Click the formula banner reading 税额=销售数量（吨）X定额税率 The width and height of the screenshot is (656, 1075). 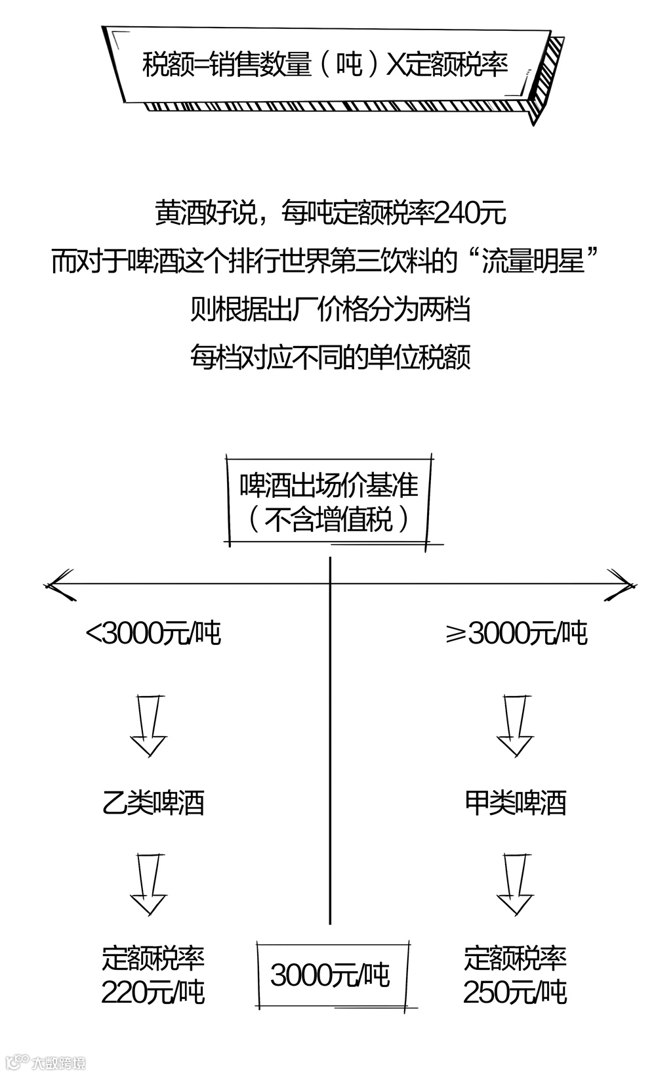(325, 66)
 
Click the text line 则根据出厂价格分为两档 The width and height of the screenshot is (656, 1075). (330, 309)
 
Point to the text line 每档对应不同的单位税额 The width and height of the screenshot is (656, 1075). (330, 357)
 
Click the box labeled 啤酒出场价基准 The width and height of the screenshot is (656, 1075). (329, 487)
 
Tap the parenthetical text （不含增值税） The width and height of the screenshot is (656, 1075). (329, 520)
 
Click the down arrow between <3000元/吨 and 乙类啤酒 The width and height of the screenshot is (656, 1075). (149, 725)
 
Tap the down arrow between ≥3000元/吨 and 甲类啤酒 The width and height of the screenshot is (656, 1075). (515, 725)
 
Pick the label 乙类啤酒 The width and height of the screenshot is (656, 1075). (154, 803)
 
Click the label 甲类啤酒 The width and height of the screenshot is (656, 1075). (515, 803)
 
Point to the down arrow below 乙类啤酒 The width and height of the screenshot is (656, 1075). (149, 883)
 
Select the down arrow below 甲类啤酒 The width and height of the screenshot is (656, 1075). (515, 883)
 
